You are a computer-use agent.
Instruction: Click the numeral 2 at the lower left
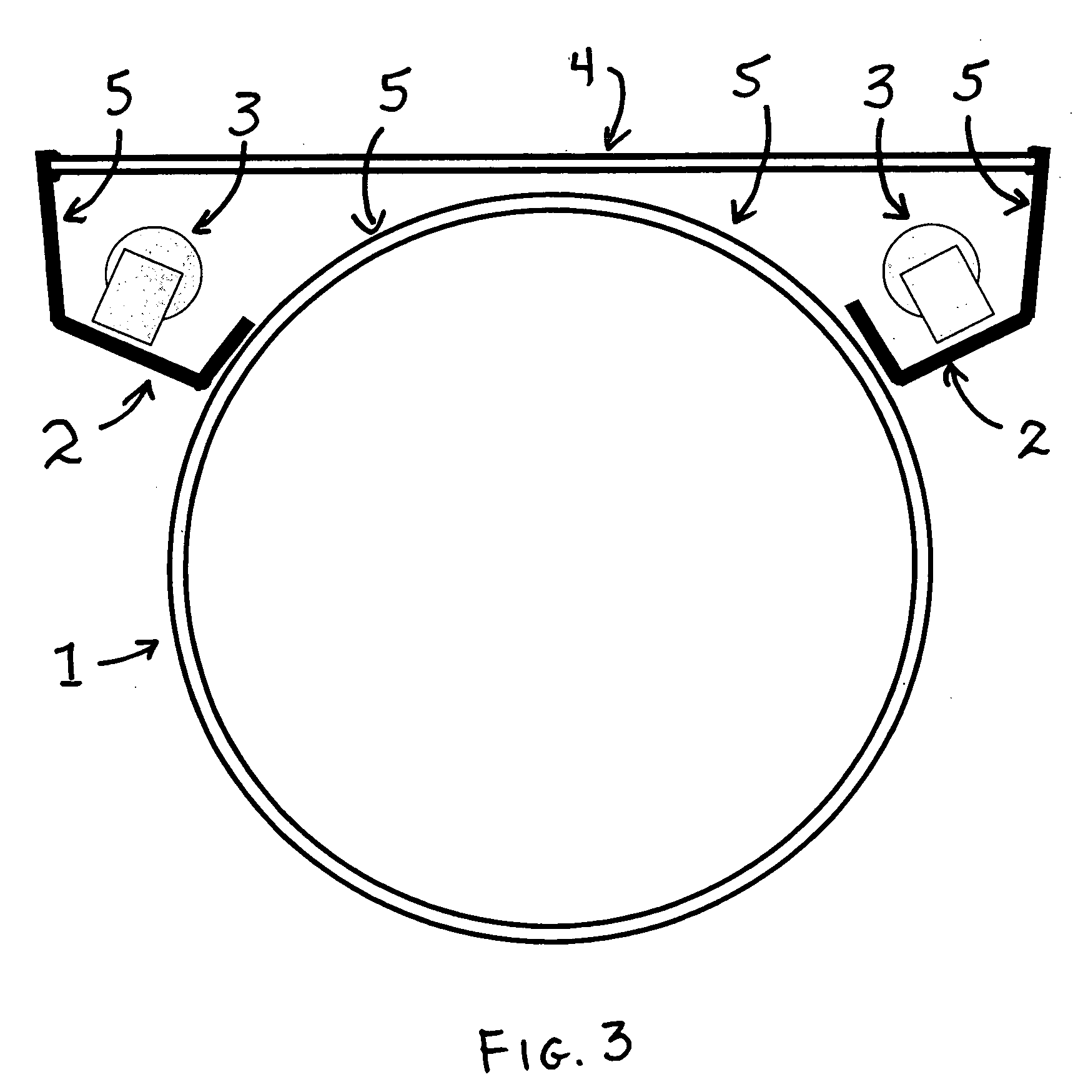(x=64, y=444)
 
